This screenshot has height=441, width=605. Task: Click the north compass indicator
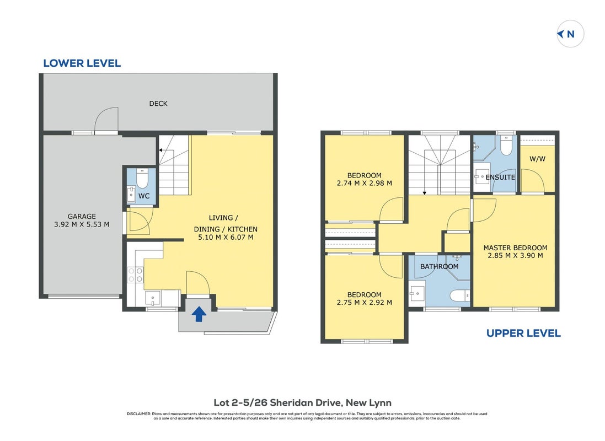pos(570,34)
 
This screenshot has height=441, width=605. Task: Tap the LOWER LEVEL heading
pos(82,63)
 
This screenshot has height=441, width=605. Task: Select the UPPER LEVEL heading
pos(523,334)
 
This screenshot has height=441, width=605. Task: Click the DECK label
pos(158,104)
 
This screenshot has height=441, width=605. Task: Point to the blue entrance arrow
pos(199,314)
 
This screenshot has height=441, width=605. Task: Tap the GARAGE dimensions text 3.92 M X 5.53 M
pos(82,224)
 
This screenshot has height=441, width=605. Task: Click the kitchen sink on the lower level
pos(153,298)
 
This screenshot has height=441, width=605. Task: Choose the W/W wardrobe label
pos(538,159)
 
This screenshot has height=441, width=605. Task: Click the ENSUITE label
pos(500,177)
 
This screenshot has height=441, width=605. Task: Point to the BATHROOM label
pos(439,266)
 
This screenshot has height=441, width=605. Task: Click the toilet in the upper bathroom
pos(460,295)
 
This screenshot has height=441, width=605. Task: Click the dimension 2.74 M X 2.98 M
pos(364,183)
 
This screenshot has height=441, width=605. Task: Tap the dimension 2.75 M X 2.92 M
pos(364,303)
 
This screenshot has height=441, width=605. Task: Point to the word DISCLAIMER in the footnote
pos(138,414)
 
